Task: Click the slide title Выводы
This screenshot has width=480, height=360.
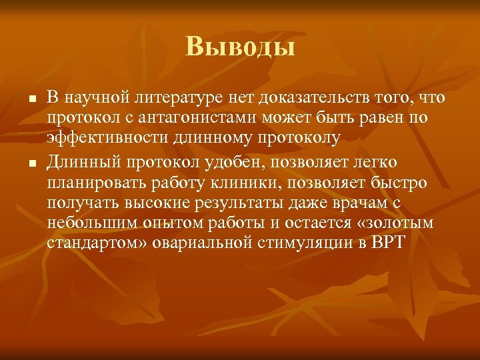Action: pyautogui.click(x=240, y=47)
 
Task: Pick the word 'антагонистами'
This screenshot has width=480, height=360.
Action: pyautogui.click(x=191, y=119)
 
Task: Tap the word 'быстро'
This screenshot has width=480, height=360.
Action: pyautogui.click(x=403, y=181)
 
